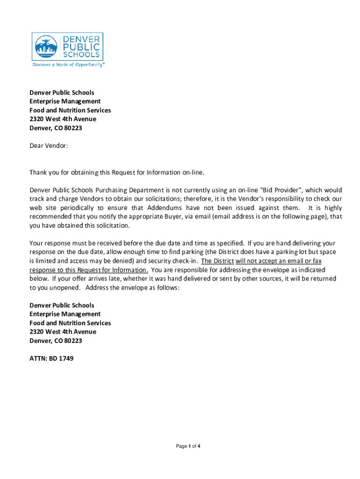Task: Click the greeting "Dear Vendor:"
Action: (49, 146)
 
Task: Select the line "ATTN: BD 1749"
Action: (51, 359)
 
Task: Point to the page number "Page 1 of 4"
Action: (188, 446)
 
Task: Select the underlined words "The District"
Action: (217, 261)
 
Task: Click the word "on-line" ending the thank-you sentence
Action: (193, 173)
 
